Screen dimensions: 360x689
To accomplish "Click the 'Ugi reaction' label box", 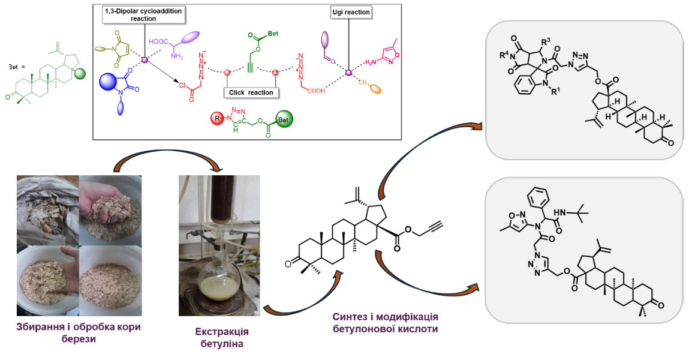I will coord(351,12).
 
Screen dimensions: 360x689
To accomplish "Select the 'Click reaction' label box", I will coord(251,92).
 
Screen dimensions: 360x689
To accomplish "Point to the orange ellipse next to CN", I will coord(375,89).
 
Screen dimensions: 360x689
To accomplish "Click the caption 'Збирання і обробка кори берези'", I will coord(74,331).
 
